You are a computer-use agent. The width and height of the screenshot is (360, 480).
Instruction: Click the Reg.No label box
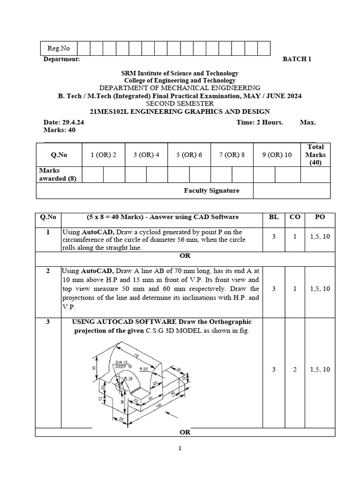(x=58, y=48)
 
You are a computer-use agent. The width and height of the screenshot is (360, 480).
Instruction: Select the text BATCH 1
(x=297, y=59)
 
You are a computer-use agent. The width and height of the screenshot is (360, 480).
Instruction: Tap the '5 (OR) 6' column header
(x=189, y=155)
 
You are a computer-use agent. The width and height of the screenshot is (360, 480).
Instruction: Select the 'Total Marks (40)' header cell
(x=315, y=155)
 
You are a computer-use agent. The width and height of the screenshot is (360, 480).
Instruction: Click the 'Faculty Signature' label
(x=211, y=190)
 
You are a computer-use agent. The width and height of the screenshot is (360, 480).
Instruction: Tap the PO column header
(x=320, y=217)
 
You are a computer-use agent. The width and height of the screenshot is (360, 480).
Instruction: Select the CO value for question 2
(x=295, y=289)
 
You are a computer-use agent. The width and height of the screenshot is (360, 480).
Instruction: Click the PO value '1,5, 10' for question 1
(x=320, y=237)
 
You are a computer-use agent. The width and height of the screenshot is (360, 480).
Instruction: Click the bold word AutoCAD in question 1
(x=97, y=232)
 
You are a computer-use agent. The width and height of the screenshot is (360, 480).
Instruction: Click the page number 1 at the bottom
(x=180, y=448)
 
